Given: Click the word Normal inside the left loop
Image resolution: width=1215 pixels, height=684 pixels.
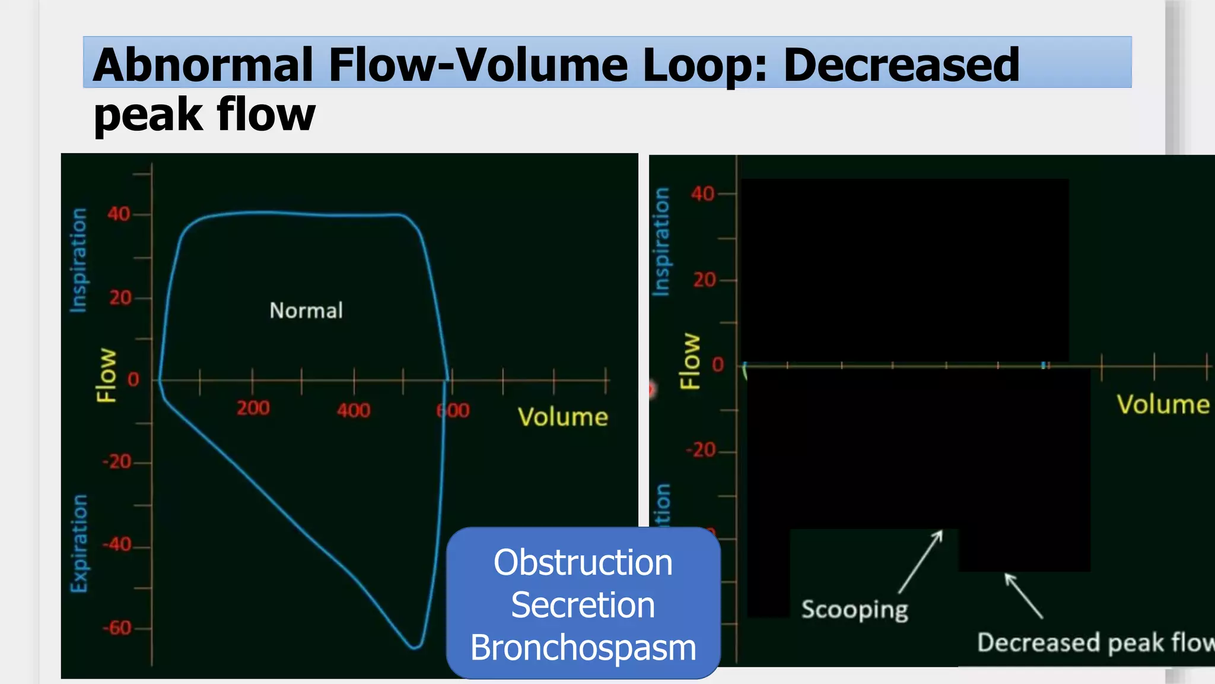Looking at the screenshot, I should tap(306, 311).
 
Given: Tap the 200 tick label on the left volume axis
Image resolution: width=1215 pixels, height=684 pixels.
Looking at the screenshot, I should tap(253, 408).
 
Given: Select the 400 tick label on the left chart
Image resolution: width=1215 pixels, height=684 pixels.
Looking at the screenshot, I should tap(354, 410).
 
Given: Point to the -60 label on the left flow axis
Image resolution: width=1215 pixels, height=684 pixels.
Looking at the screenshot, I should tap(117, 628).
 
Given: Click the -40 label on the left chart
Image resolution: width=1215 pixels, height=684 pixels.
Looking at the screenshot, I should tap(117, 544).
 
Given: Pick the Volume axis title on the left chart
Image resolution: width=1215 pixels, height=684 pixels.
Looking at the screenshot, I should tap(562, 417).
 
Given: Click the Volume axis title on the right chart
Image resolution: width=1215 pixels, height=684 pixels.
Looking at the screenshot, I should tap(1163, 404).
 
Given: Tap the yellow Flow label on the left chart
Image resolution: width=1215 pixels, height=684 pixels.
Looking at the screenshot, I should tap(107, 375).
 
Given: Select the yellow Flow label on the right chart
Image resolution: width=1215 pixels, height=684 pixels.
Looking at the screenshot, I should tap(690, 361).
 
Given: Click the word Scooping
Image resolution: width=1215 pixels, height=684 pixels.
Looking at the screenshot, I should tap(854, 610).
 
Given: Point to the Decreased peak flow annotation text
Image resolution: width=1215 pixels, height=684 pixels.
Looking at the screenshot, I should tap(1095, 642).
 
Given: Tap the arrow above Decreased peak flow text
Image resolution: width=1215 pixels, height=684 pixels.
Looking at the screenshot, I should tap(1023, 596).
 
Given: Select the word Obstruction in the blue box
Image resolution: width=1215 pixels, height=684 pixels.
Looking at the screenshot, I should tap(583, 562).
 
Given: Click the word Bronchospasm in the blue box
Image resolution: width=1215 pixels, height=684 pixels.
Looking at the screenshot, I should tap(583, 648).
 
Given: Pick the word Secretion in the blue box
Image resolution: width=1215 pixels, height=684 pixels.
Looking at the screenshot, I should tap(583, 605).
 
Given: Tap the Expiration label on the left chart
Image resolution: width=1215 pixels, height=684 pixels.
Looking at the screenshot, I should tap(79, 543).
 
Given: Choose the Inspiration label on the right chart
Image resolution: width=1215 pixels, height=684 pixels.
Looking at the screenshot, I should tap(661, 242).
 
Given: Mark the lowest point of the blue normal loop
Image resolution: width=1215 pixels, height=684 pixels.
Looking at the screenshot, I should tap(415, 647).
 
